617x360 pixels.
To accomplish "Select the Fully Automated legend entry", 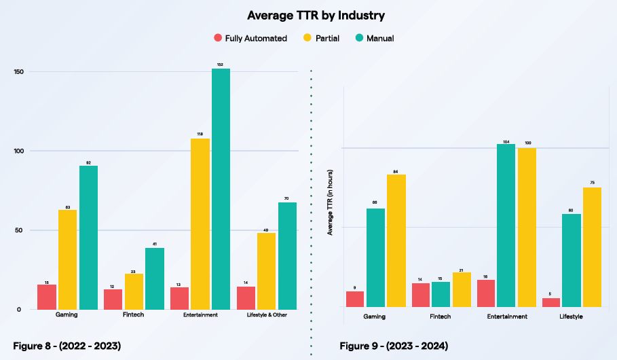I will click(x=250, y=39).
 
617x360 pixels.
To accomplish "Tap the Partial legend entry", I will click(x=322, y=39).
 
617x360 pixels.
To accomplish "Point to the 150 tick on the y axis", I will click(x=18, y=72).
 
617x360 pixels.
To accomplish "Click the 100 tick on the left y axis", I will click(x=18, y=151).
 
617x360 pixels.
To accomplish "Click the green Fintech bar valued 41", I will click(x=154, y=278).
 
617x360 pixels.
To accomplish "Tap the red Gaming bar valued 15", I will click(x=47, y=297).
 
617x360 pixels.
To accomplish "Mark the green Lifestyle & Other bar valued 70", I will click(x=287, y=255).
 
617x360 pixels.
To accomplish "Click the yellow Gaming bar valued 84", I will click(x=396, y=240).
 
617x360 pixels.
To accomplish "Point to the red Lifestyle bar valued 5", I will click(x=551, y=302).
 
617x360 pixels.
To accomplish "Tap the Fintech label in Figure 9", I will click(x=440, y=317).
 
